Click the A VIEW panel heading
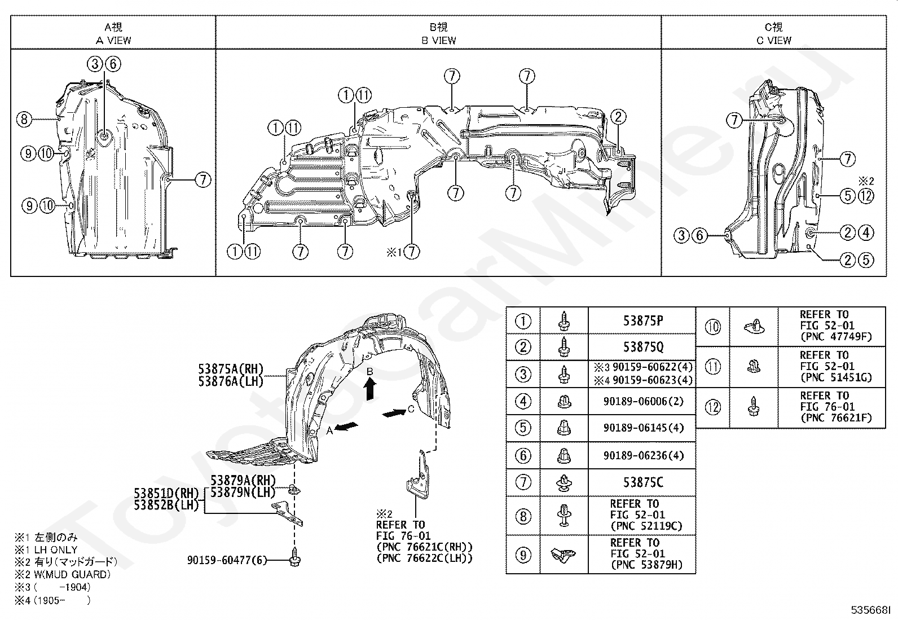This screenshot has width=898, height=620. coord(113,34)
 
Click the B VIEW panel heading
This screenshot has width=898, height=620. coord(439,34)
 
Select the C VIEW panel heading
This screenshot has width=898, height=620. coord(774,34)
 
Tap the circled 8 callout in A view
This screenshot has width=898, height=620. coord(24,119)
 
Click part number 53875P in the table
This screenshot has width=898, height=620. coord(643,321)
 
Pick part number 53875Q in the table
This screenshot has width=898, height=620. coord(643,347)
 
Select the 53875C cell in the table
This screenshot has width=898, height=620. coord(643,482)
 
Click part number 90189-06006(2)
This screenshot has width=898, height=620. coord(643,401)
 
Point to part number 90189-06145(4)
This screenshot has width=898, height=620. coord(643,428)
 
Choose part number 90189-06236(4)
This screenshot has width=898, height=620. coord(643,456)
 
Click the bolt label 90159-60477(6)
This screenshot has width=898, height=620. coord(227,560)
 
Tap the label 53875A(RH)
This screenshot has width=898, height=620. coord(231,368)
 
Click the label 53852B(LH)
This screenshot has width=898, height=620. coord(166,505)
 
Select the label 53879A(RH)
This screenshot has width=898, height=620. coord(243,480)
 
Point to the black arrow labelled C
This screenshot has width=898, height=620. coord(394,412)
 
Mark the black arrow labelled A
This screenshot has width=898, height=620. coord(346,426)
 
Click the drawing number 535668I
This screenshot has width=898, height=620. coord(870,610)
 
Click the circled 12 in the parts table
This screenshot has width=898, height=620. coord(713,407)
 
